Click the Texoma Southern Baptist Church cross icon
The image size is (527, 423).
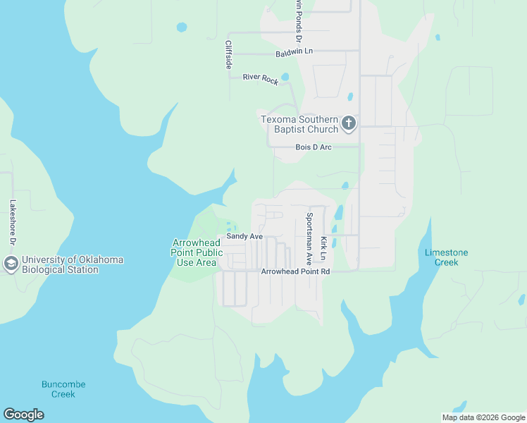348,125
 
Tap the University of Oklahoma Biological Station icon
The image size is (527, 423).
11,264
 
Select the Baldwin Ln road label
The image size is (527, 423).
294,52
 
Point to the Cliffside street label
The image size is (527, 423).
228,54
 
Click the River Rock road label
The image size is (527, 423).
261,79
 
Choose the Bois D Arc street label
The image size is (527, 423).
313,147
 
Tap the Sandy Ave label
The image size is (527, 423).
244,237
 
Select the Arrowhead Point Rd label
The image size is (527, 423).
295,271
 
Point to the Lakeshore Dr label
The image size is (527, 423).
12,223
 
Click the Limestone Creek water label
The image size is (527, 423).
447,257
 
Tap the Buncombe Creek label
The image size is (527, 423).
63,389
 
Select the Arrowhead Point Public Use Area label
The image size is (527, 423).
197,252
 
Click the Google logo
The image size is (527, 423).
23,415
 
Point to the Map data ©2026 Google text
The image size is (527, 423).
483,417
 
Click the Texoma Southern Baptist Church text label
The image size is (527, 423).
299,125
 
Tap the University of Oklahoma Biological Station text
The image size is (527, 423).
73,264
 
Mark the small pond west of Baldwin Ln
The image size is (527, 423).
182,27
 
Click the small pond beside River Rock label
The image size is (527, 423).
285,77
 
